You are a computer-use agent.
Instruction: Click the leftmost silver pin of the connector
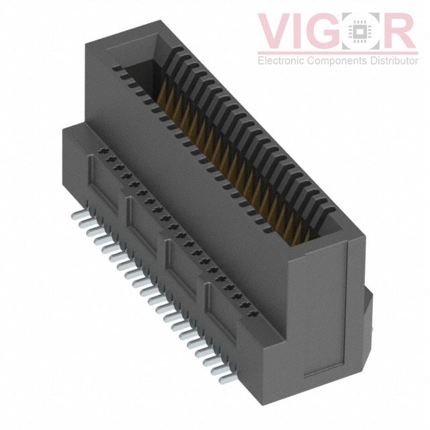(75, 213)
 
